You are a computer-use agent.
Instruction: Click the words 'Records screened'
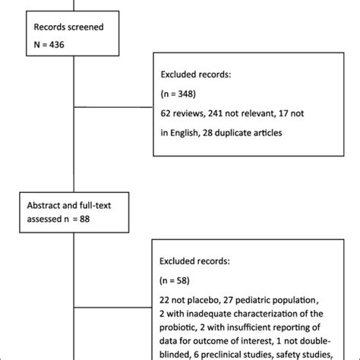click(69, 26)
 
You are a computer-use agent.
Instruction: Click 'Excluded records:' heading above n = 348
click(198, 74)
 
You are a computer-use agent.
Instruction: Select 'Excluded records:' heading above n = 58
click(198, 261)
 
